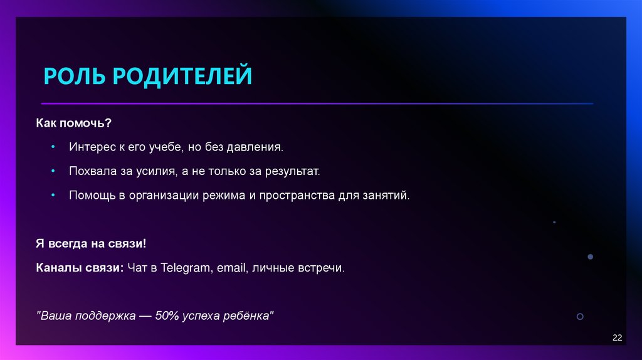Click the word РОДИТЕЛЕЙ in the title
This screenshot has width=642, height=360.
183,76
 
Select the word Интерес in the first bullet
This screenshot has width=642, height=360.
90,147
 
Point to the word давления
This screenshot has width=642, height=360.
259,147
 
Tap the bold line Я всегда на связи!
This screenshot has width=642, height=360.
91,243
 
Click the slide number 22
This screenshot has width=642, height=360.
617,338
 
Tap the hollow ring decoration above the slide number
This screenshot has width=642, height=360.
580,317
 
